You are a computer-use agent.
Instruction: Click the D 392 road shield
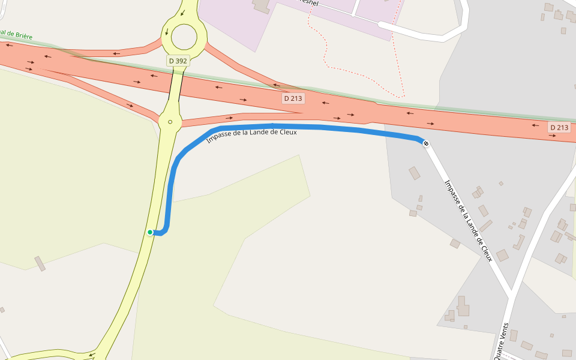(178, 61)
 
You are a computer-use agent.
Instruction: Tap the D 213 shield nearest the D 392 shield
(293, 98)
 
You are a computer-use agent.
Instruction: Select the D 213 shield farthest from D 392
(559, 127)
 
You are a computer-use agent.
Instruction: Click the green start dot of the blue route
(150, 232)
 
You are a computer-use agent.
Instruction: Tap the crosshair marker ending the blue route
(426, 143)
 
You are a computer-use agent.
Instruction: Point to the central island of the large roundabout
(184, 37)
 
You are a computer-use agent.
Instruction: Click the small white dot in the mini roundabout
(170, 122)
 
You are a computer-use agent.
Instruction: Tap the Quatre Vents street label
(503, 341)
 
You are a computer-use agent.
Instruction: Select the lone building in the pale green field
(40, 263)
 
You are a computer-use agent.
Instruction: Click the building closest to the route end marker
(415, 173)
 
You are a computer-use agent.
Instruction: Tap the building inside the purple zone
(262, 5)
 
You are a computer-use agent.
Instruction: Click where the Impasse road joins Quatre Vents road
(512, 295)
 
